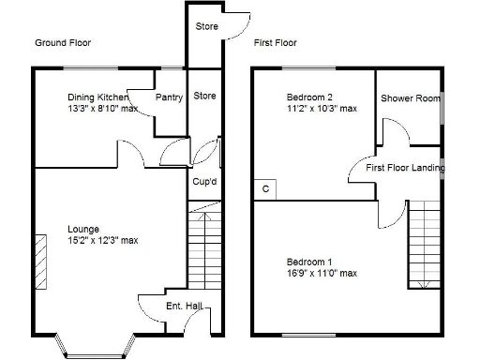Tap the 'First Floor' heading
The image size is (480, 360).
pos(275,43)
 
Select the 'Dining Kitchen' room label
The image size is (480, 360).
pos(98,97)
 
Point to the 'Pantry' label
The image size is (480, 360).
pos(169,97)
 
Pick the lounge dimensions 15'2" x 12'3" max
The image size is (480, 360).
pos(102,240)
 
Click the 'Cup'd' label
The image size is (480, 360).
pos(204,181)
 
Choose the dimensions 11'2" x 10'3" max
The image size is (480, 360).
pos(322,109)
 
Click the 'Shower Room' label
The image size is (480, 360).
pos(411,98)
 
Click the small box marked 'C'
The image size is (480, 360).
pos(265,188)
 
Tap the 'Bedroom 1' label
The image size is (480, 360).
pos(309,261)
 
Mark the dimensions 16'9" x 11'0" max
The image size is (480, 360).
pos(322,273)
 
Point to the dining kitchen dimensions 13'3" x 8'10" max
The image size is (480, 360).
pos(102,109)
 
